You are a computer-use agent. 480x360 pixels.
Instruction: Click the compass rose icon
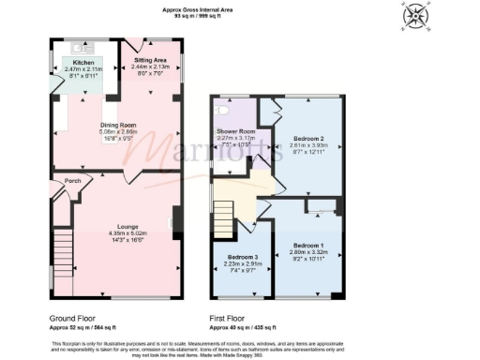tap(413, 18)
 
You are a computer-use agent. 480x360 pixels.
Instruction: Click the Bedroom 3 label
tap(243, 257)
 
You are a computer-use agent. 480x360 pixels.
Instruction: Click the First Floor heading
tap(229, 319)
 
